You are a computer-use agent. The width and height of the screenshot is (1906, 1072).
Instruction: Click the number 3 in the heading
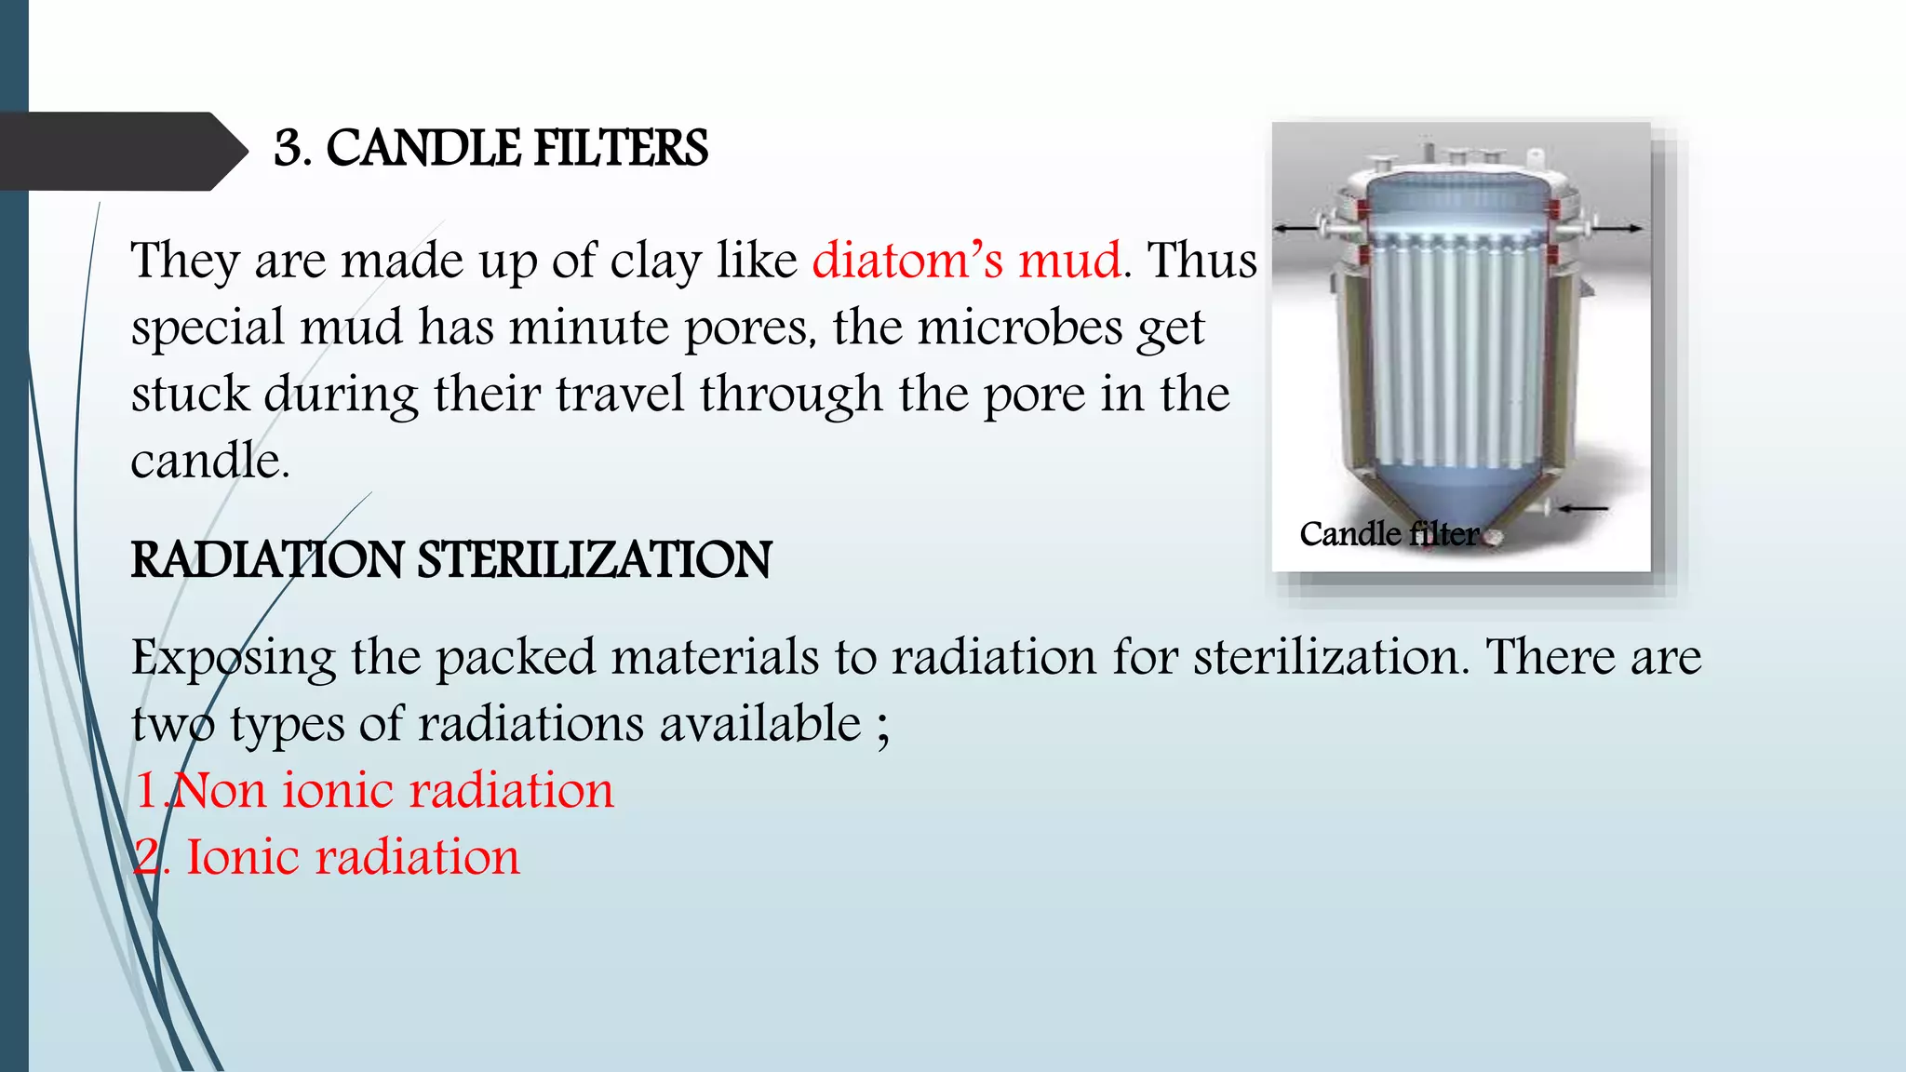[289, 149]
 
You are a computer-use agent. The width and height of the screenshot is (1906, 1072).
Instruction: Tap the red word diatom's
[907, 261]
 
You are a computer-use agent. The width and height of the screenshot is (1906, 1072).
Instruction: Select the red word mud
[1069, 261]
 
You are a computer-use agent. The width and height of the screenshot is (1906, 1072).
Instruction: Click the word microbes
[1019, 328]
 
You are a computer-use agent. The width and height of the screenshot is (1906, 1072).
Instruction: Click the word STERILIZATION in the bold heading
[594, 560]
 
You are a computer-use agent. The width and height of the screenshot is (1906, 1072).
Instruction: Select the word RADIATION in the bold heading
[267, 560]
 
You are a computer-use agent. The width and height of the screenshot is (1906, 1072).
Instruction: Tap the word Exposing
[233, 659]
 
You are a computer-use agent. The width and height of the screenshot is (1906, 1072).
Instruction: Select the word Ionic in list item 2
[243, 858]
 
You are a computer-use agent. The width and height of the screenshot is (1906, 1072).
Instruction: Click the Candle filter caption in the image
[1389, 534]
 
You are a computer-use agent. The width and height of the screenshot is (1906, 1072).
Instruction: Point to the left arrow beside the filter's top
[1295, 228]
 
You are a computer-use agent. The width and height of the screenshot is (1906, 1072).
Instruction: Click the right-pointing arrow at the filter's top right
[1620, 228]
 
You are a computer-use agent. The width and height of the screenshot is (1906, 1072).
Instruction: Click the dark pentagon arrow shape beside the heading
[121, 151]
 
